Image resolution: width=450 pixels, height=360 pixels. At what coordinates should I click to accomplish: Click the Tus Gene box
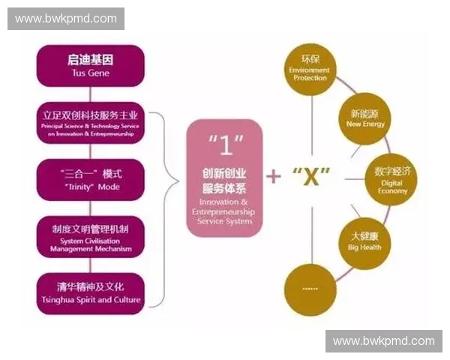pos(90,65)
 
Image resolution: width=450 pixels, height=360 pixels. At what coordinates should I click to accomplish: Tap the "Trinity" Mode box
pos(90,179)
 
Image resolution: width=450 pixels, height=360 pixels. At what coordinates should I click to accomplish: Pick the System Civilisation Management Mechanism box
pos(90,236)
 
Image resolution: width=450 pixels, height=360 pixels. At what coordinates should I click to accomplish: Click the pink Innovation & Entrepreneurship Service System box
pos(226,177)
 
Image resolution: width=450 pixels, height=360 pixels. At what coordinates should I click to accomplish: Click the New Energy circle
pos(365,118)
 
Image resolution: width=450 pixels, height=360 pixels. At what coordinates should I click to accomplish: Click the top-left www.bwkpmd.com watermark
pos(66,18)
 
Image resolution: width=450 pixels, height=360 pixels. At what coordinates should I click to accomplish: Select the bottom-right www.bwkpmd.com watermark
pos(383,340)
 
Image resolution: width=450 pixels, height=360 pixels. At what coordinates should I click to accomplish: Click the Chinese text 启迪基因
pos(90,60)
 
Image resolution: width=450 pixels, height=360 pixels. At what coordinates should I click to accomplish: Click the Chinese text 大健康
pos(364,235)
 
